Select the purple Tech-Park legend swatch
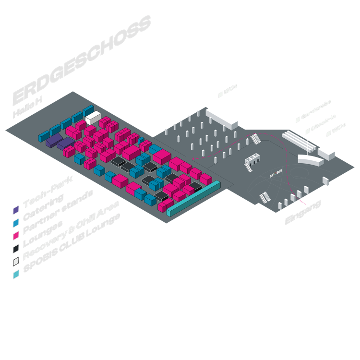[x=16, y=210]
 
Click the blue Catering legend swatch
[x=16, y=222]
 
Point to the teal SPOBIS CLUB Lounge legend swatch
[x=16, y=274]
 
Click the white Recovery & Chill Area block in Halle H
[x=93, y=117]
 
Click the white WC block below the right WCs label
[x=326, y=152]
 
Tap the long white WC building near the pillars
[x=221, y=117]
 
